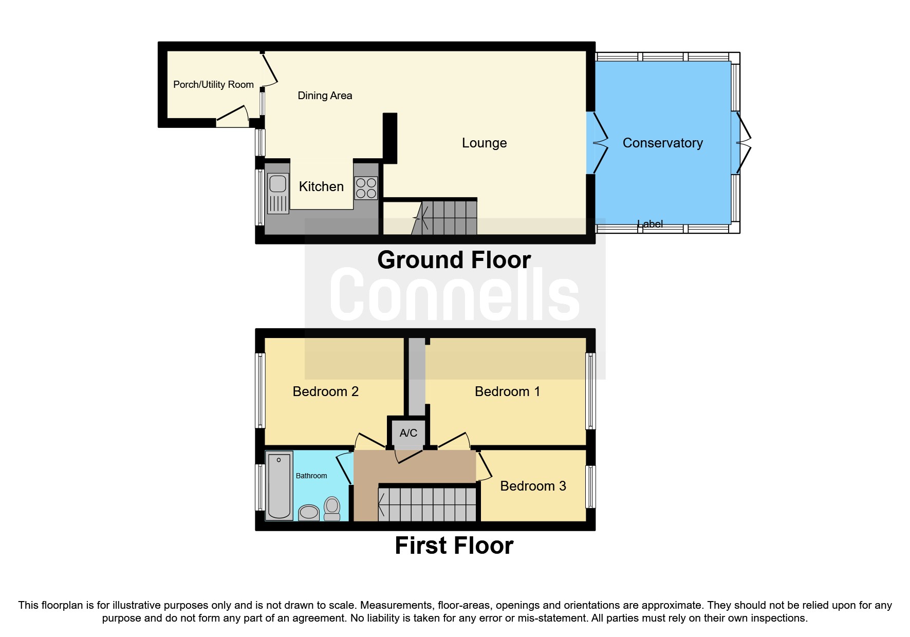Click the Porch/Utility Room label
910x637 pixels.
click(x=213, y=85)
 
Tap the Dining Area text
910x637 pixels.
click(x=325, y=96)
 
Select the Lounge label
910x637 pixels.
click(x=484, y=143)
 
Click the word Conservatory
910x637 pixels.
click(x=662, y=143)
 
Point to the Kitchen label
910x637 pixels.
click(x=321, y=186)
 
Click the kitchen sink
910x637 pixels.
click(x=277, y=193)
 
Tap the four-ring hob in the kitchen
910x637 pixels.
click(x=366, y=188)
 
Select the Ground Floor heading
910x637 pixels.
click(x=454, y=260)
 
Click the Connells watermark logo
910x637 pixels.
click(x=454, y=294)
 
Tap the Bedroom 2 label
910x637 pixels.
click(x=325, y=391)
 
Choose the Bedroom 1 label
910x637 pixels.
click(x=507, y=391)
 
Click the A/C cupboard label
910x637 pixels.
click(x=408, y=433)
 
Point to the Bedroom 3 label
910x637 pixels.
click(x=533, y=486)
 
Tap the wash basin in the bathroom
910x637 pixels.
click(x=309, y=512)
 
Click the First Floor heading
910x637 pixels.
click(x=454, y=546)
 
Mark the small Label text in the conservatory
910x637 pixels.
click(x=650, y=224)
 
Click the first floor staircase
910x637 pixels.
click(x=428, y=504)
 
